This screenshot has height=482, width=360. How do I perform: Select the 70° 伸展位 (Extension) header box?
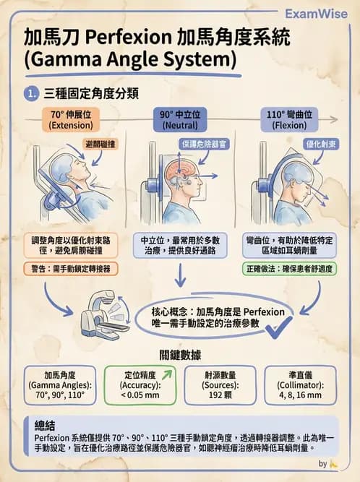[x=66, y=119]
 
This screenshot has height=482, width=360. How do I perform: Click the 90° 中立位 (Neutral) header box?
[x=179, y=119]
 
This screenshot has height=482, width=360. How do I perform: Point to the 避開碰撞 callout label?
[x=100, y=145]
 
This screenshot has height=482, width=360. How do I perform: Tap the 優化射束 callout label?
[x=320, y=144]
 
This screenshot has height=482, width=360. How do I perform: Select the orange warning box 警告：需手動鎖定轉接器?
[x=71, y=268]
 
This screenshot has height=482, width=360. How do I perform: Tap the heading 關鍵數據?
[x=179, y=356]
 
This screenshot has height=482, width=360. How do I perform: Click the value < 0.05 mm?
[x=141, y=396]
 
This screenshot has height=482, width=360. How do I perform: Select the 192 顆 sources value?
[x=218, y=396]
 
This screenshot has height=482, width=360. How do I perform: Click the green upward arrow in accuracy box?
[x=168, y=374]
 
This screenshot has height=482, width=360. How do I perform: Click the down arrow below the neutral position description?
[x=180, y=278]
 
